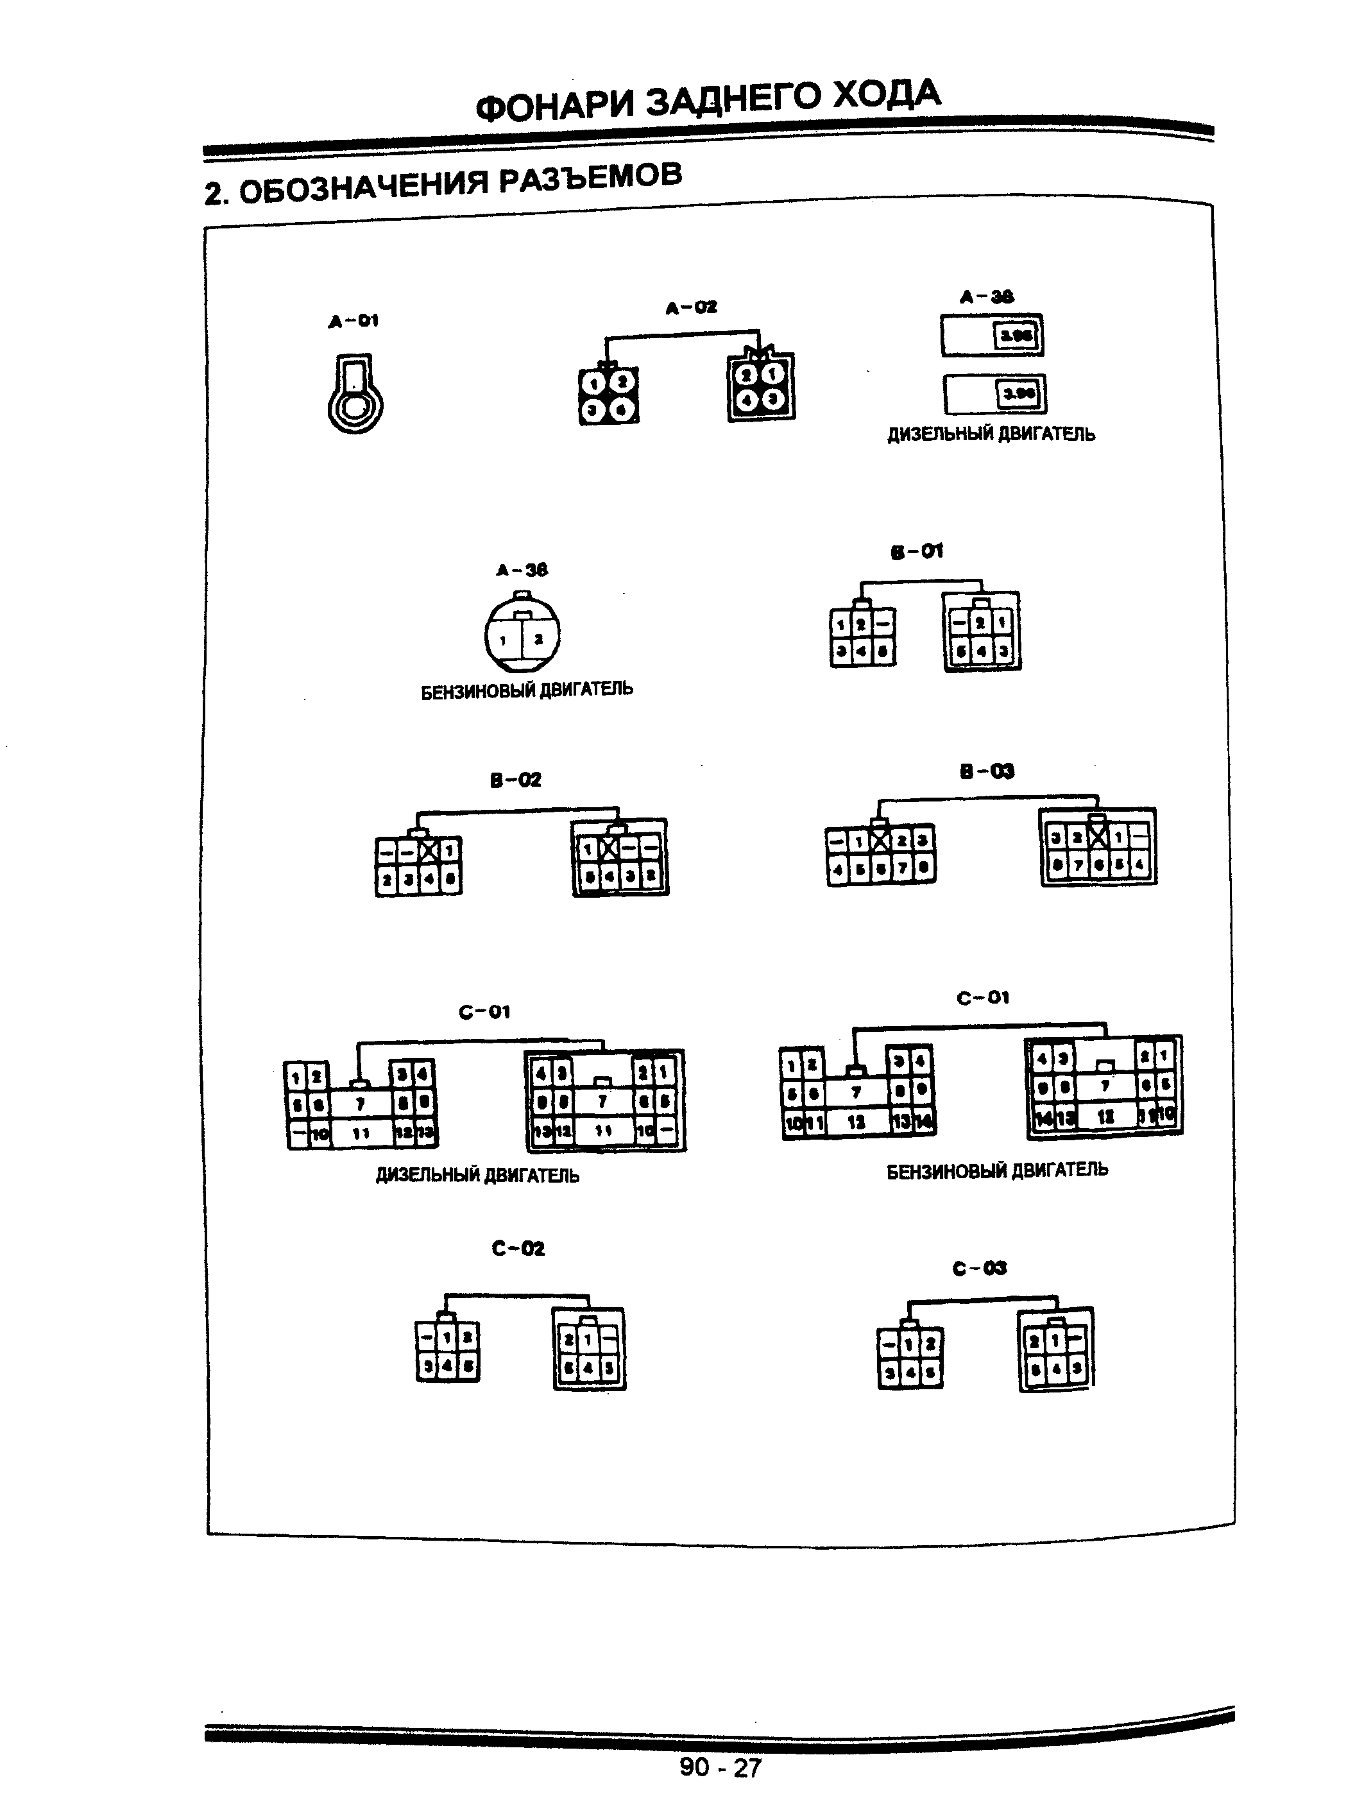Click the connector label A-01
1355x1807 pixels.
353,321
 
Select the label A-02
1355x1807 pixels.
690,308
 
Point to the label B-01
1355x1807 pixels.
916,552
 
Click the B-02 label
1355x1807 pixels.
515,780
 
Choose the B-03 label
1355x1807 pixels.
986,771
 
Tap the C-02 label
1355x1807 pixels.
518,1247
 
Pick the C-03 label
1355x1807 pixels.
978,1267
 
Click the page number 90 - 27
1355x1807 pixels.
720,1767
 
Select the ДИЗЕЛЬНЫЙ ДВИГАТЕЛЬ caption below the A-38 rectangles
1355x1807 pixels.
991,434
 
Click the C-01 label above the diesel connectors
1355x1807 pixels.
484,1012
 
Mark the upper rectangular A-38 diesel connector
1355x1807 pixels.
991,335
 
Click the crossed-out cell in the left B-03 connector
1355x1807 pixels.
879,840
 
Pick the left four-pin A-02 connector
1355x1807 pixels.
608,395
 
